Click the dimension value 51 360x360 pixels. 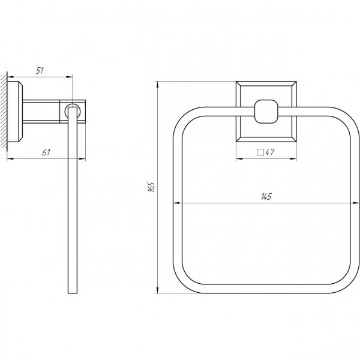(40, 70)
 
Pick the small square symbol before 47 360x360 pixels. (260, 152)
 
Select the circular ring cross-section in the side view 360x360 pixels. (73, 110)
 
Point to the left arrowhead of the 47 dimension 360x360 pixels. (237, 159)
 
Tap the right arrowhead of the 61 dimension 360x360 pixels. (83, 159)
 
